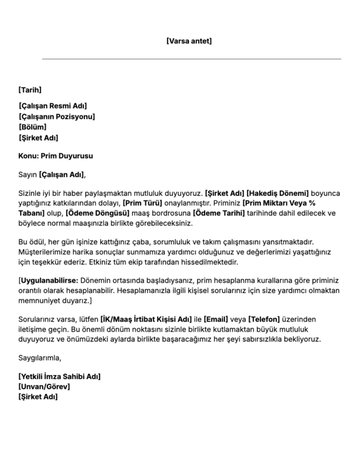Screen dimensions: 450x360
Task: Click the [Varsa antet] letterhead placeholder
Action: pos(189,41)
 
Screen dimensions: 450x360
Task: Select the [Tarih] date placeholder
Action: pos(30,90)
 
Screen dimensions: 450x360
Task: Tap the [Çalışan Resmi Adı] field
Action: pos(53,106)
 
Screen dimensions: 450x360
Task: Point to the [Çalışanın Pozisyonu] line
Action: pos(57,117)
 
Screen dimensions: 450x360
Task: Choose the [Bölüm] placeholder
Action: pos(32,127)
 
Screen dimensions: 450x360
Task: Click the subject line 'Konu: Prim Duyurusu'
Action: pos(56,156)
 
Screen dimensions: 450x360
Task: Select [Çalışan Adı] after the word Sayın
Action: pos(62,175)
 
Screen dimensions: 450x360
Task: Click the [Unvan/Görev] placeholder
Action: pos(44,387)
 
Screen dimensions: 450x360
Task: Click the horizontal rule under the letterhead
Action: pos(191,59)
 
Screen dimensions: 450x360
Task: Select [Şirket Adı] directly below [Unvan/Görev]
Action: pos(38,397)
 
